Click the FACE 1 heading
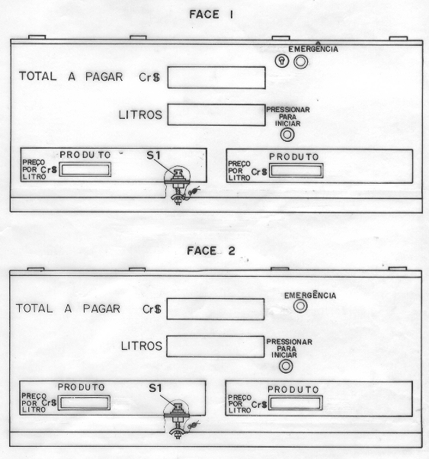pyautogui.click(x=211, y=14)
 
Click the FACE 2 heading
pyautogui.click(x=211, y=251)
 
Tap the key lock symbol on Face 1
pyautogui.click(x=282, y=61)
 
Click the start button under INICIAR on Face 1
pyautogui.click(x=287, y=135)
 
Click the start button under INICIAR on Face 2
pyautogui.click(x=286, y=366)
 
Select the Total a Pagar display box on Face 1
pyautogui.click(x=216, y=78)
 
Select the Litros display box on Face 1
pyautogui.click(x=216, y=115)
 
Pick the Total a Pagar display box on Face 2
pyautogui.click(x=216, y=309)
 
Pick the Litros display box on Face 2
pyautogui.click(x=216, y=346)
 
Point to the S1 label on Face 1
pyautogui.click(x=154, y=156)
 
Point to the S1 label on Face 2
pyautogui.click(x=155, y=388)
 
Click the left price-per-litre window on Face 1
pyautogui.click(x=85, y=170)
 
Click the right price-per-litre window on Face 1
pyautogui.click(x=296, y=171)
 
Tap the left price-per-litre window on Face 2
pyautogui.click(x=84, y=403)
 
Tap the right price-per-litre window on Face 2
pyautogui.click(x=296, y=403)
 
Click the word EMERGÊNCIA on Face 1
pyautogui.click(x=313, y=49)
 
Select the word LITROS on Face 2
pyautogui.click(x=142, y=346)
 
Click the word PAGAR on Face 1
pyautogui.click(x=104, y=77)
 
